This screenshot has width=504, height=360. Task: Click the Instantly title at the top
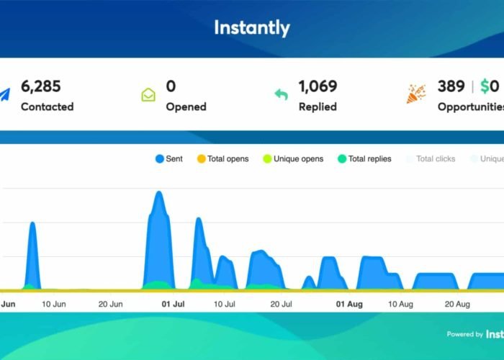[x=252, y=28]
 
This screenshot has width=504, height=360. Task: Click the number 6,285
[x=41, y=86]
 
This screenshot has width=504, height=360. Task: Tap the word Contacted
[x=47, y=107]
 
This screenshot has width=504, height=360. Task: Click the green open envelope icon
[x=148, y=94]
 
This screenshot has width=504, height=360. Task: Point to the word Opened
[x=186, y=107]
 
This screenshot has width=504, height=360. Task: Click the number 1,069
[x=318, y=86]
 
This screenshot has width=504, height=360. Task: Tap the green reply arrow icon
[x=282, y=94]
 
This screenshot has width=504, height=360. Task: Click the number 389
[x=451, y=86]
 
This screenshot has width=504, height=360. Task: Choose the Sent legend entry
[x=168, y=158]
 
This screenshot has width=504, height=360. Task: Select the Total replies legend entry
[x=364, y=158]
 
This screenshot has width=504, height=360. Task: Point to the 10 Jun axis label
[x=54, y=305]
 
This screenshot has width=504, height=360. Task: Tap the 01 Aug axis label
[x=349, y=305]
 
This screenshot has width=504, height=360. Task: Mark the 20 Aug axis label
[x=457, y=305]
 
